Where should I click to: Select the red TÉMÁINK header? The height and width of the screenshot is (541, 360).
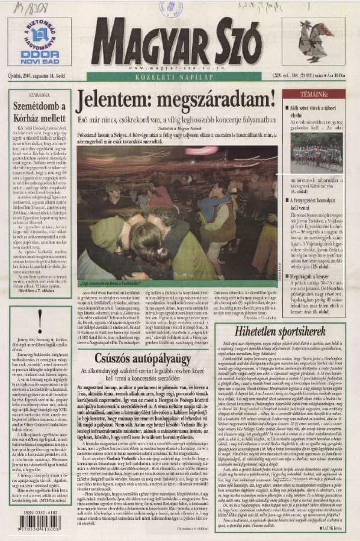[314, 94]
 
